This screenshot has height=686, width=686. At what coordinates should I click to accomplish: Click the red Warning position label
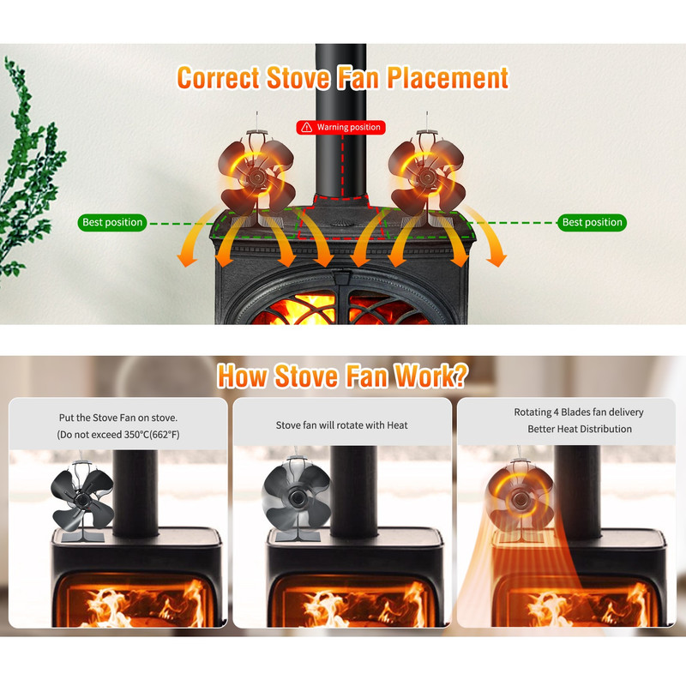pyautogui.click(x=340, y=127)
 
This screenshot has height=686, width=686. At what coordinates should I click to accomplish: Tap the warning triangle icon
pyautogui.click(x=307, y=127)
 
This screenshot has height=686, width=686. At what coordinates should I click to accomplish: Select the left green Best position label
pyautogui.click(x=112, y=222)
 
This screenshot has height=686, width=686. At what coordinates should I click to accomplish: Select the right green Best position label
pyautogui.click(x=592, y=222)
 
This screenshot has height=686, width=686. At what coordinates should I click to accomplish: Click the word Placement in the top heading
pyautogui.click(x=448, y=78)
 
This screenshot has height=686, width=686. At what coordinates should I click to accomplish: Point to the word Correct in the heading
pyautogui.click(x=219, y=78)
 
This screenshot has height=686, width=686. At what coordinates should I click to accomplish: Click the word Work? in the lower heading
pyautogui.click(x=431, y=376)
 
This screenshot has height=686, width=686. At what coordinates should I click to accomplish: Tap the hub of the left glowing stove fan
pyautogui.click(x=256, y=178)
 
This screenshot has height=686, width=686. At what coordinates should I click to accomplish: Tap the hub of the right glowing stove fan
pyautogui.click(x=426, y=178)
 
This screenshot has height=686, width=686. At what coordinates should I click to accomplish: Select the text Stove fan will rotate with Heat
pyautogui.click(x=341, y=425)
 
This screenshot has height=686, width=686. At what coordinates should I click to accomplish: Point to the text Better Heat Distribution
pyautogui.click(x=580, y=429)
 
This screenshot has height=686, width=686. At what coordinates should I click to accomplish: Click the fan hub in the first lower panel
pyautogui.click(x=81, y=499)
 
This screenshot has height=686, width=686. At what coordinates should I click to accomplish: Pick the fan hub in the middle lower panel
pyautogui.click(x=298, y=497)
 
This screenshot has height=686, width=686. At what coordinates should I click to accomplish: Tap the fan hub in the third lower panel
pyautogui.click(x=521, y=499)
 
